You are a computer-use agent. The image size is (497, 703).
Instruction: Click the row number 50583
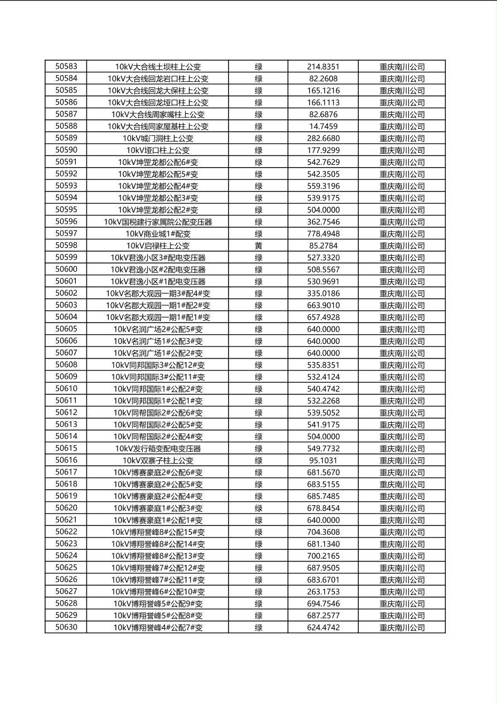66,66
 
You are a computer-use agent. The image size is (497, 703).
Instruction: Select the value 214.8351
323,67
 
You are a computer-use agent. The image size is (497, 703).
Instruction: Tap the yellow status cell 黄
259,246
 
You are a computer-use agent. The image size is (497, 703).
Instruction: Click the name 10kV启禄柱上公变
158,246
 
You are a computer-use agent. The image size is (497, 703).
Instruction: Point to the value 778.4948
323,234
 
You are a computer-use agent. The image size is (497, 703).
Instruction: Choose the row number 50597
66,233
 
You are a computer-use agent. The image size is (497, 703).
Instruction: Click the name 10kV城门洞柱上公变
158,138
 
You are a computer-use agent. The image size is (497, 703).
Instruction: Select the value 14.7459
323,126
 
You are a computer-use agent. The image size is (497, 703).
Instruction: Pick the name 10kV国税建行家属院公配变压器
158,222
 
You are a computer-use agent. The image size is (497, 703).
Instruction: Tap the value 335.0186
323,294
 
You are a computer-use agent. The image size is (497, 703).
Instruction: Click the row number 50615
66,448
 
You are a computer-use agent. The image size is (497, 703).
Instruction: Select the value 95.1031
323,461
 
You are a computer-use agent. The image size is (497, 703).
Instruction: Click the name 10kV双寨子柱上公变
158,461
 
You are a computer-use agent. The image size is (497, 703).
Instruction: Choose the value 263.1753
323,592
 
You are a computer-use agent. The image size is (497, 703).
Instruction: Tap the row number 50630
66,627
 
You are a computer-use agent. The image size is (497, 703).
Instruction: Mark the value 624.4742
323,628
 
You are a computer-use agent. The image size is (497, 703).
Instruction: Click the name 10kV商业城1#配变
158,234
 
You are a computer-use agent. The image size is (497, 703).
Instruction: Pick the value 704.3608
323,532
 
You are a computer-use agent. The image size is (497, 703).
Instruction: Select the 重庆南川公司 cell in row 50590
402,150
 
